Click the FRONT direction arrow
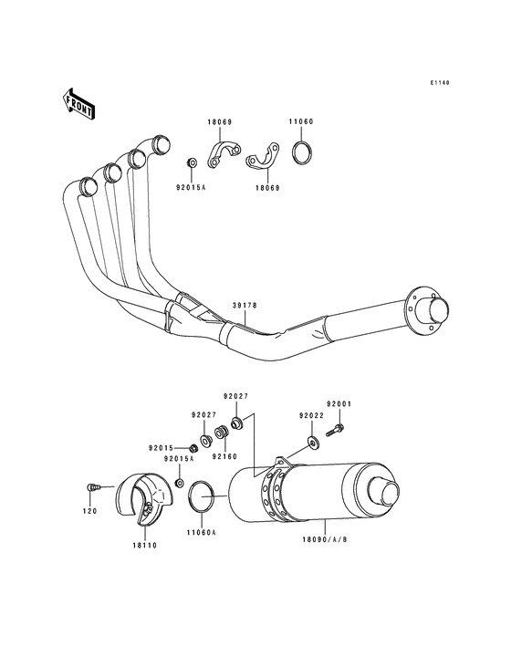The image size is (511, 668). [x=79, y=104]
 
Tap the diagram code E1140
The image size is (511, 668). [x=440, y=83]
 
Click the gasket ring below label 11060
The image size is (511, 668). [x=303, y=151]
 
